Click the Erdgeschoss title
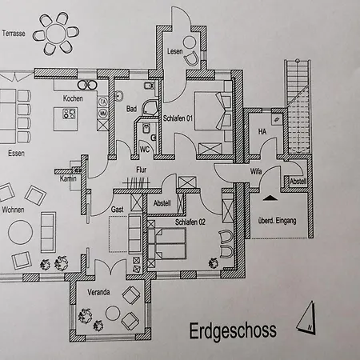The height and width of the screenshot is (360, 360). pos(233,331)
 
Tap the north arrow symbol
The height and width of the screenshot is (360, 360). pos(306,318)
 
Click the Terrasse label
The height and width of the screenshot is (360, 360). pos(14,34)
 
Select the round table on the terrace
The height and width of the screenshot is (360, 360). pos(56,34)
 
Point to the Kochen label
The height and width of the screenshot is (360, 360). pos(73,98)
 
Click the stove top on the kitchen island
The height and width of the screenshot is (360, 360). pos(70,114)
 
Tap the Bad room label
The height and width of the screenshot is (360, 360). pos(131,109)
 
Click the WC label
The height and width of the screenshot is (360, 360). pos(145,150)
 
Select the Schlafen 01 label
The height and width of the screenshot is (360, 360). pos(178,118)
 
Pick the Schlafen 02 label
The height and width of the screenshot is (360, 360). pos(190,222)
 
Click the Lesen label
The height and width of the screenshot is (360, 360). pos(175,51)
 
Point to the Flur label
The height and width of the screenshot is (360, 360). pos(142,170)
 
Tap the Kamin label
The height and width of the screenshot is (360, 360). pos(68,178)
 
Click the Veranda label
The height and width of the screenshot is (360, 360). pos(98,292)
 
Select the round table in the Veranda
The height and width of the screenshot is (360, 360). pos(113,314)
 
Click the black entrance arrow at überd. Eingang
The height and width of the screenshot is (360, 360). pos(270,198)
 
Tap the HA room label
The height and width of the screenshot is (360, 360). pos(262,131)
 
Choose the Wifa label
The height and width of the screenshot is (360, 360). pos(256,171)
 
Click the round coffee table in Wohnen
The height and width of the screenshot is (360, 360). pos(21,232)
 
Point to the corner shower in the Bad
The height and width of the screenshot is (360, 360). pos(150,108)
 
